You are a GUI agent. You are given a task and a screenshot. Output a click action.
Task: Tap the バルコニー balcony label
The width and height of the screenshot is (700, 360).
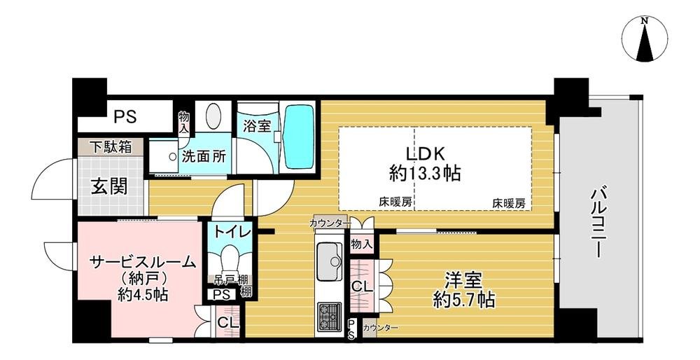point(598,223)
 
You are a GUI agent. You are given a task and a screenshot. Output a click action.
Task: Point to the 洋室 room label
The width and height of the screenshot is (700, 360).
point(464,281)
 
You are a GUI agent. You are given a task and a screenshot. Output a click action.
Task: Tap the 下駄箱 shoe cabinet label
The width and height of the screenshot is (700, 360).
point(111,148)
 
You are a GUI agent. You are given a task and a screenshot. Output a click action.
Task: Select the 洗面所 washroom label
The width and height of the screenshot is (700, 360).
point(204,157)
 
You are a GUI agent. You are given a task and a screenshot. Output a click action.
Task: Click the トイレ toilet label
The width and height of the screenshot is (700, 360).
point(229,231)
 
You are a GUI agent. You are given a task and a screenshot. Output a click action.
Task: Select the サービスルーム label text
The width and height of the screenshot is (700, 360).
point(142,262)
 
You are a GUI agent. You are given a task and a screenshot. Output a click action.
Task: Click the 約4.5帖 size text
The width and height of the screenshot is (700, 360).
point(142,294)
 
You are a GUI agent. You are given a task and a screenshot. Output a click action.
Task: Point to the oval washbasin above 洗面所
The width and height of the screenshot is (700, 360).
point(214,116)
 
